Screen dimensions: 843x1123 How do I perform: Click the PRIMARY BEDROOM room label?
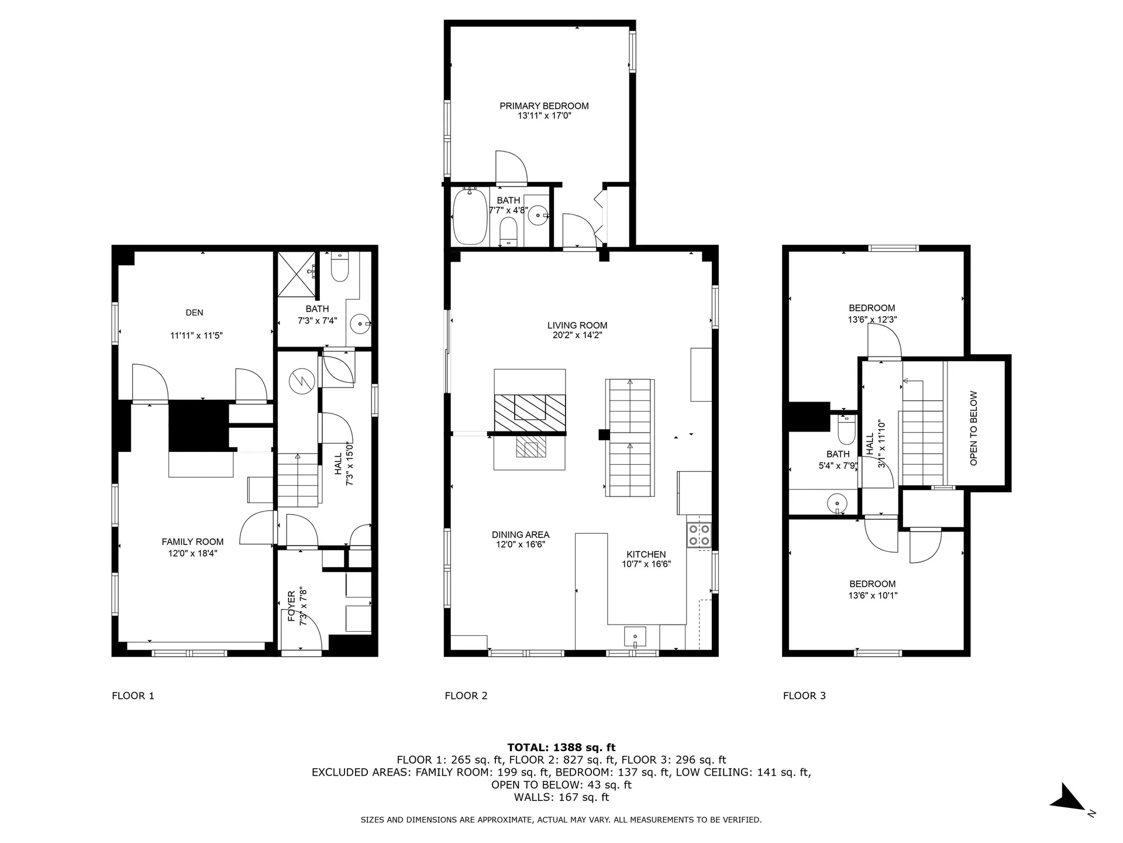pos(544,106)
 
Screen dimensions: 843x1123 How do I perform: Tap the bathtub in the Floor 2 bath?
pos(470,217)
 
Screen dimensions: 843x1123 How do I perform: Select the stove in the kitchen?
pos(699,534)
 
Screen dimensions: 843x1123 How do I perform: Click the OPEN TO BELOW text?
pos(974,428)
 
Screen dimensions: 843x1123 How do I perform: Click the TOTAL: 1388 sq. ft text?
pos(561,748)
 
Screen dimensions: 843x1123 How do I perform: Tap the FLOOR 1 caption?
pos(133,695)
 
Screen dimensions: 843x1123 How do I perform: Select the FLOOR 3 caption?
pos(804,695)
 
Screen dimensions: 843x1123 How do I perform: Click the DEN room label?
pos(194,313)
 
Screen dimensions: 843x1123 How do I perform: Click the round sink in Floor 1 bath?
pos(360,323)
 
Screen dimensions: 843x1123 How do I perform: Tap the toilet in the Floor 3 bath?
pos(846,431)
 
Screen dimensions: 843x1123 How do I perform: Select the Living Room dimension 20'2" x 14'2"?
pos(577,335)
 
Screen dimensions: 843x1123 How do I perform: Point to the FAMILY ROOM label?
pos(192,542)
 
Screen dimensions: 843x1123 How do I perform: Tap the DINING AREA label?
pos(520,534)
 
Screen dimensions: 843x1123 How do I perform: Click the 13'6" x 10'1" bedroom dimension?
pos(872,595)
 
